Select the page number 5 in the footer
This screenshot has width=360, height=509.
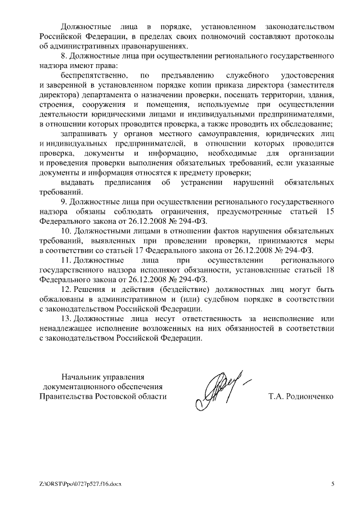point(332,484)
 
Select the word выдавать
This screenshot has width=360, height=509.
point(77,182)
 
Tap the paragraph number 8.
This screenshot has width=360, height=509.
point(63,56)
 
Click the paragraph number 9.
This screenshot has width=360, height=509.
point(63,201)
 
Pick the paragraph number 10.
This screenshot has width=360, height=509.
point(65,231)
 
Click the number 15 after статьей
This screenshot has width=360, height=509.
point(331,211)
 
